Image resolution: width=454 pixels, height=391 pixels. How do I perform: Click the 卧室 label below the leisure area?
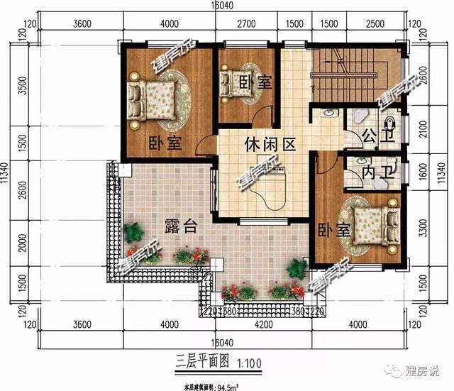click(x=334, y=230)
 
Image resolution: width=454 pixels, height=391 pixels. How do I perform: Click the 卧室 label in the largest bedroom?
click(x=165, y=143)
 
